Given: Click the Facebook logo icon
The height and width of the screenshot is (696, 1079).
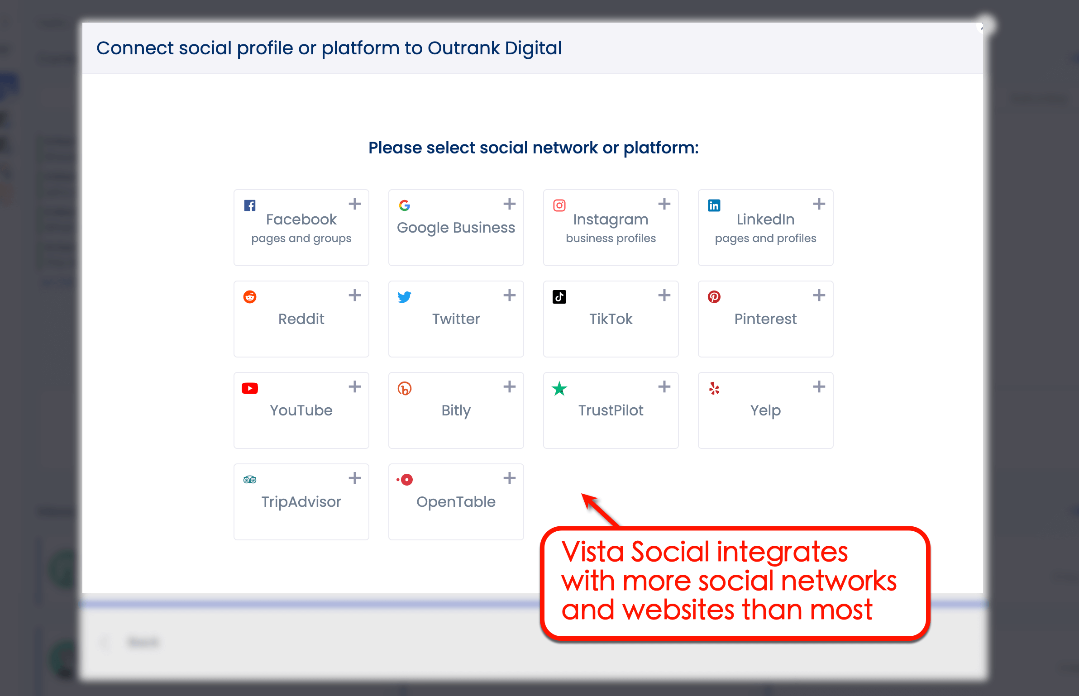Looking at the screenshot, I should click(x=250, y=205).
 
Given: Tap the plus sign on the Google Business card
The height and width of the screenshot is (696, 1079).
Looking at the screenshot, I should click(x=509, y=204).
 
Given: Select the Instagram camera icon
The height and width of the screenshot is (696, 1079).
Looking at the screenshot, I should click(x=559, y=205).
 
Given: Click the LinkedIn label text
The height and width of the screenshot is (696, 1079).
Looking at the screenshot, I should click(x=765, y=219).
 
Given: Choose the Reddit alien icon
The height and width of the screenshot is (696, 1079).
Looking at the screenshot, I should click(x=250, y=297).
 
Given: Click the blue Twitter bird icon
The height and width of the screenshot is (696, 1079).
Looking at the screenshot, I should click(x=404, y=297).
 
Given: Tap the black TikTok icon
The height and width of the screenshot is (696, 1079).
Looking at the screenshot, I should click(x=559, y=297).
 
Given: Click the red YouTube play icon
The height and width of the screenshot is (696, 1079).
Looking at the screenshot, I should click(x=250, y=388).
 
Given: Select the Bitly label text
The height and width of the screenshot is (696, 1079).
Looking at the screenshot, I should click(x=456, y=410).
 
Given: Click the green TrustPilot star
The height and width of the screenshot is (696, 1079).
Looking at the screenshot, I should click(x=559, y=388).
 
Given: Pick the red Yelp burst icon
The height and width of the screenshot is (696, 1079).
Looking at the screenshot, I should click(x=714, y=388).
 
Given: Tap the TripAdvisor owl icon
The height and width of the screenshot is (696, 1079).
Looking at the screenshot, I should click(x=250, y=480).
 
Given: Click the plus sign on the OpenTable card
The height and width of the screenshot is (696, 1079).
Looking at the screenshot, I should click(x=509, y=478).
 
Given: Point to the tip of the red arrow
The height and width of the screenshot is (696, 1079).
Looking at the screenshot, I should click(x=583, y=495).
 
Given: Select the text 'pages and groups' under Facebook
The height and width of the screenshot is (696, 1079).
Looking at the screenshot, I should click(x=301, y=238).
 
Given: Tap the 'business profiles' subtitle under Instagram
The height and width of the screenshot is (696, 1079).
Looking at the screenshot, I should click(x=611, y=238).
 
